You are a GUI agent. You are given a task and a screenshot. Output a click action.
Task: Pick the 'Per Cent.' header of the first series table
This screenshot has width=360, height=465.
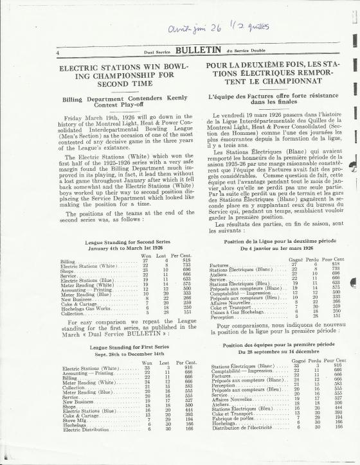coord(186,363)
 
